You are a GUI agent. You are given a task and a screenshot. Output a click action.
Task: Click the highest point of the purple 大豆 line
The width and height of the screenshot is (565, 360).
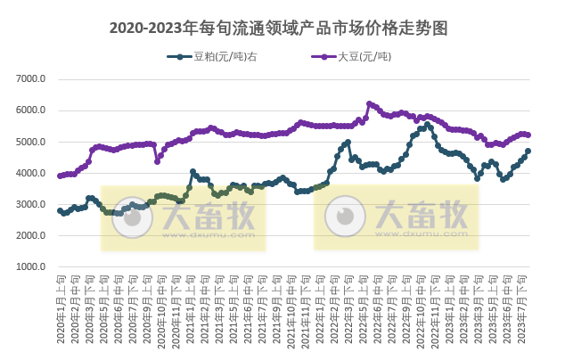pos(369,103)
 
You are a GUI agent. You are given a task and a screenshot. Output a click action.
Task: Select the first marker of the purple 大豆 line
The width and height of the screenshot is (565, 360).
pos(60,176)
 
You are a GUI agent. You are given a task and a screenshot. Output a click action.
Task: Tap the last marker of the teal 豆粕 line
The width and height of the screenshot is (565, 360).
pos(528,151)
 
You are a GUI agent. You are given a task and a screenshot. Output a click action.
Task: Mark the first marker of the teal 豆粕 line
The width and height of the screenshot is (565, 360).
pos(60,210)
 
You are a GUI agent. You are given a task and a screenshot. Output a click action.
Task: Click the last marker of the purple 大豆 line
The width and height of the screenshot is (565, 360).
pos(528,135)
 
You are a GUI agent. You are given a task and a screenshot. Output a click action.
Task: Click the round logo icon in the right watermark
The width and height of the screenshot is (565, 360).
pos(344,215)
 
